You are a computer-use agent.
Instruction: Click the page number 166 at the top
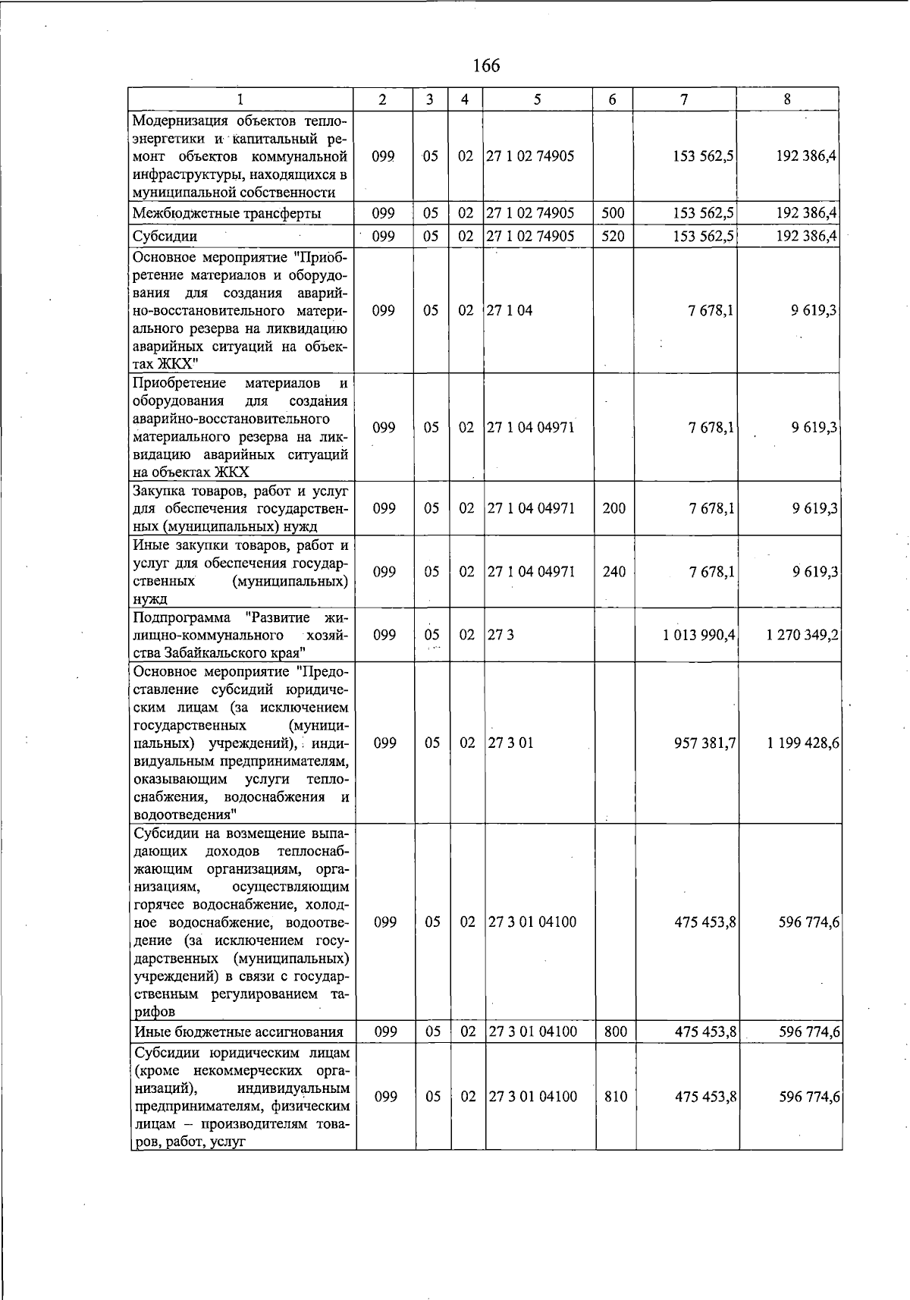(486, 66)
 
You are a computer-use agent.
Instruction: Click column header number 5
(537, 99)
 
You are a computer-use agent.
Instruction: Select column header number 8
(787, 99)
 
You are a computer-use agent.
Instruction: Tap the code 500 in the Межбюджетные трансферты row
(612, 214)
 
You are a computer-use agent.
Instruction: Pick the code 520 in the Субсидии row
(612, 237)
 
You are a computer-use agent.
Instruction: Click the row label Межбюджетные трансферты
(226, 214)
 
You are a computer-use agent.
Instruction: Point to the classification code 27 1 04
(510, 310)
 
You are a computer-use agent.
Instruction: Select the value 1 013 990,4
(698, 635)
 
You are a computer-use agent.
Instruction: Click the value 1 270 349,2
(802, 635)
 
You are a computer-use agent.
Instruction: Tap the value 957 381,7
(704, 743)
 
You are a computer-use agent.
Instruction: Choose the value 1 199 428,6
(802, 743)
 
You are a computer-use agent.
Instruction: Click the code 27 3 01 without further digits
(510, 743)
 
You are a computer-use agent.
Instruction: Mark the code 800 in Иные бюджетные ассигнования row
(615, 1032)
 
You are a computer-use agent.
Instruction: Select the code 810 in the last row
(615, 1097)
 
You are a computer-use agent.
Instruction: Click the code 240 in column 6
(613, 572)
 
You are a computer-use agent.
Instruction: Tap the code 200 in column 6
(613, 508)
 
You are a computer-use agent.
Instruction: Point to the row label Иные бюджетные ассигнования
(238, 1032)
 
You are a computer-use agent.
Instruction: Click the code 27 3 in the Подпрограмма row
(500, 635)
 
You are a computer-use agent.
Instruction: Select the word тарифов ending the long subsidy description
(155, 1012)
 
